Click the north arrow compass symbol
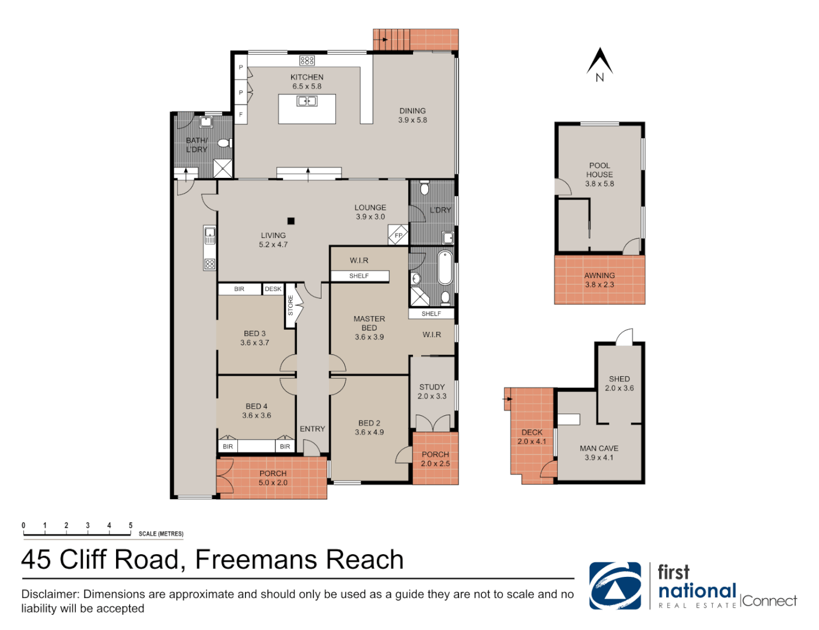click(599, 63)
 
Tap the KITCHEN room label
click(307, 78)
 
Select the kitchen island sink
click(307, 101)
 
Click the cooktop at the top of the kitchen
click(307, 60)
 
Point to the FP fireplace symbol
click(398, 235)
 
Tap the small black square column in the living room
click(291, 220)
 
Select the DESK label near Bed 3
click(273, 289)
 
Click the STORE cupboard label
click(290, 306)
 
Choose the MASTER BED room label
click(369, 324)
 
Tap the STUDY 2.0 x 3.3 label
click(432, 391)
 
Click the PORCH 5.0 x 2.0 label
click(273, 478)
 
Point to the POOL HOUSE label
click(600, 170)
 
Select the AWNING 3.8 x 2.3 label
click(600, 280)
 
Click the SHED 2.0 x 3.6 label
click(619, 383)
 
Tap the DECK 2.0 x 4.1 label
click(532, 437)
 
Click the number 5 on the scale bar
click(131, 526)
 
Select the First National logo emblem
click(615, 586)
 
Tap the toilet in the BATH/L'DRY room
click(223, 143)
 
